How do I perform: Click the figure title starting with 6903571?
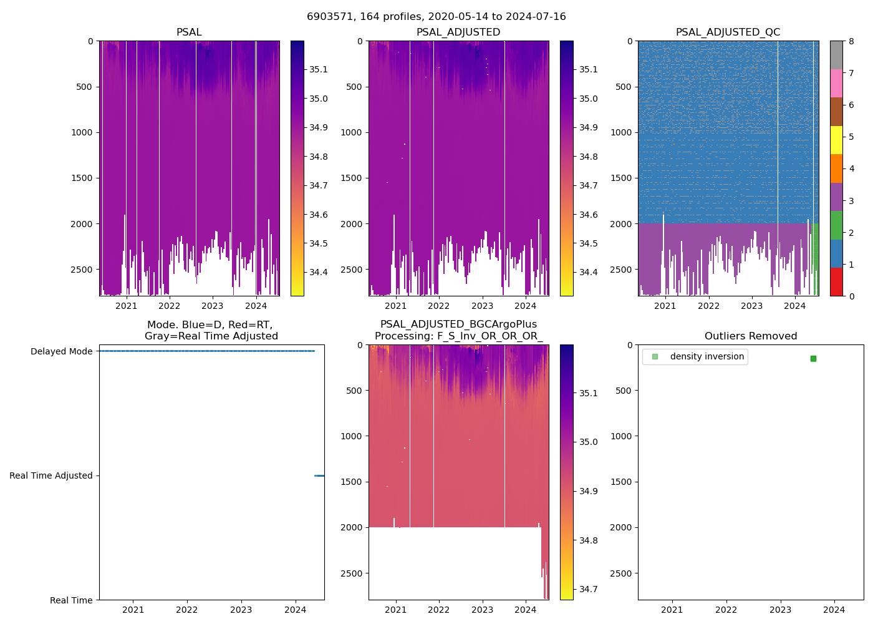point(436,17)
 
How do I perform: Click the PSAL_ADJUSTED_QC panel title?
point(728,32)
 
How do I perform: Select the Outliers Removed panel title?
point(750,336)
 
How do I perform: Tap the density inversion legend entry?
point(707,357)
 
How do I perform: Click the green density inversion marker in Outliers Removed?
point(813,359)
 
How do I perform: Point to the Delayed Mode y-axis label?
point(61,351)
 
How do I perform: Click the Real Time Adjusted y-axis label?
point(51,475)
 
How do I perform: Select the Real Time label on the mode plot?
point(71,600)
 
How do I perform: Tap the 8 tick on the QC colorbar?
point(851,41)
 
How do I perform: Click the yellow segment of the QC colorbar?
point(836,140)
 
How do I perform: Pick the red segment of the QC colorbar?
point(836,282)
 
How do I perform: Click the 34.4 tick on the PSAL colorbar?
point(319,272)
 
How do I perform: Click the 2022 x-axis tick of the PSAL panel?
point(169,306)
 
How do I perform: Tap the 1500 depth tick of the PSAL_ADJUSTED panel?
point(354,178)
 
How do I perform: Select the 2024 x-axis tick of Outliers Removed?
point(834,610)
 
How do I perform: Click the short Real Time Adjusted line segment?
point(319,475)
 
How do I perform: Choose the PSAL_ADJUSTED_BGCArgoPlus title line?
point(458,324)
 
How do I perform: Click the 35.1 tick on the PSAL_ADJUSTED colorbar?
point(588,69)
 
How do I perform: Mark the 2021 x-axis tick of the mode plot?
point(133,610)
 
